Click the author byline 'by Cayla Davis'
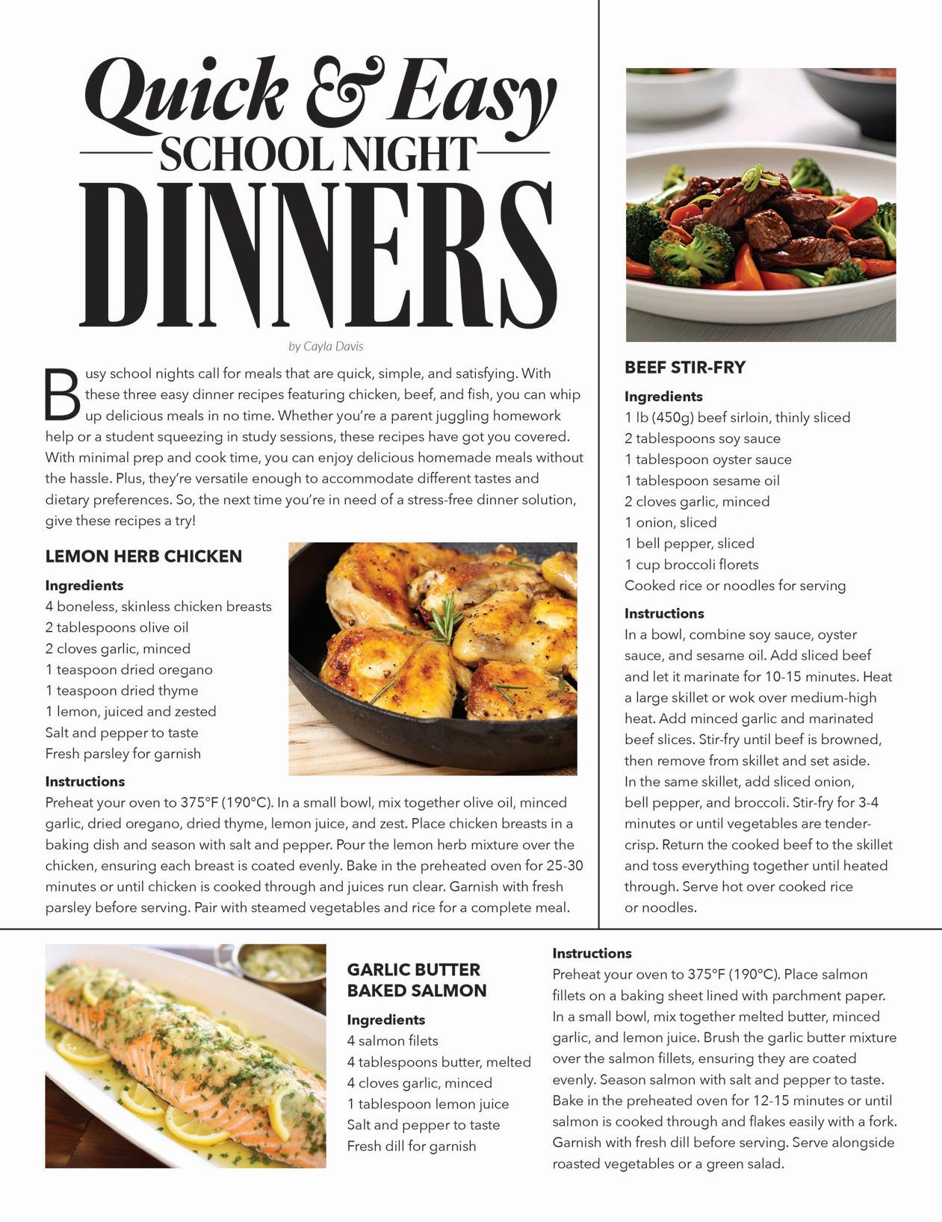coord(326,347)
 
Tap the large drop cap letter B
coord(62,394)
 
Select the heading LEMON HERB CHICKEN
coord(143,556)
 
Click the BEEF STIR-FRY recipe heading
coord(685,367)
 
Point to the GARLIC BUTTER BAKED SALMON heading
coord(417,980)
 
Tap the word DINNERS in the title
coord(317,254)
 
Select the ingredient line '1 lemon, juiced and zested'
coord(131,712)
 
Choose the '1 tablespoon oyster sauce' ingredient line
coord(708,459)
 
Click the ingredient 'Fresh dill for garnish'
coord(412,1146)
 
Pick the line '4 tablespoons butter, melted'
coord(439,1062)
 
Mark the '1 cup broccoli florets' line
coord(692,565)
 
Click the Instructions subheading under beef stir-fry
coord(664,613)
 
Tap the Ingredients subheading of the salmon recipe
coord(386,1020)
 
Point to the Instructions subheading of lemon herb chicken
coord(85,781)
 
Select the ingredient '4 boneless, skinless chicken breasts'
coord(158,607)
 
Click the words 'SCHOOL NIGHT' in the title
coord(317,155)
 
